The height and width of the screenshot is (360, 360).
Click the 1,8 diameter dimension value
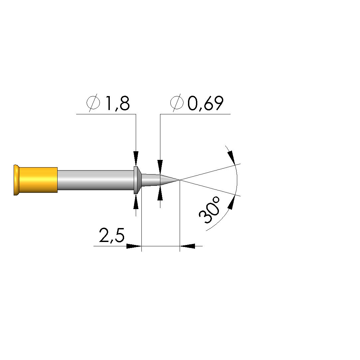point(117,103)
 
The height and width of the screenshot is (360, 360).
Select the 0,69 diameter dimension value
point(205,103)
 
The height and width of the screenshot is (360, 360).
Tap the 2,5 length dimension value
point(112,235)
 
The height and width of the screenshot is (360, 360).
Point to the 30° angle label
point(210,210)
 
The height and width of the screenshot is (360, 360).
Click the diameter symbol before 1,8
point(93,103)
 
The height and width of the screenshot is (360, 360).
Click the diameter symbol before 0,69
point(177,103)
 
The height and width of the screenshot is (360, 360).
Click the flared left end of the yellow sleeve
point(16,180)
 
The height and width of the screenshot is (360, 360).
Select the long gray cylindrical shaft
point(95,180)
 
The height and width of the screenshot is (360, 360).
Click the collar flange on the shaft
point(137,180)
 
